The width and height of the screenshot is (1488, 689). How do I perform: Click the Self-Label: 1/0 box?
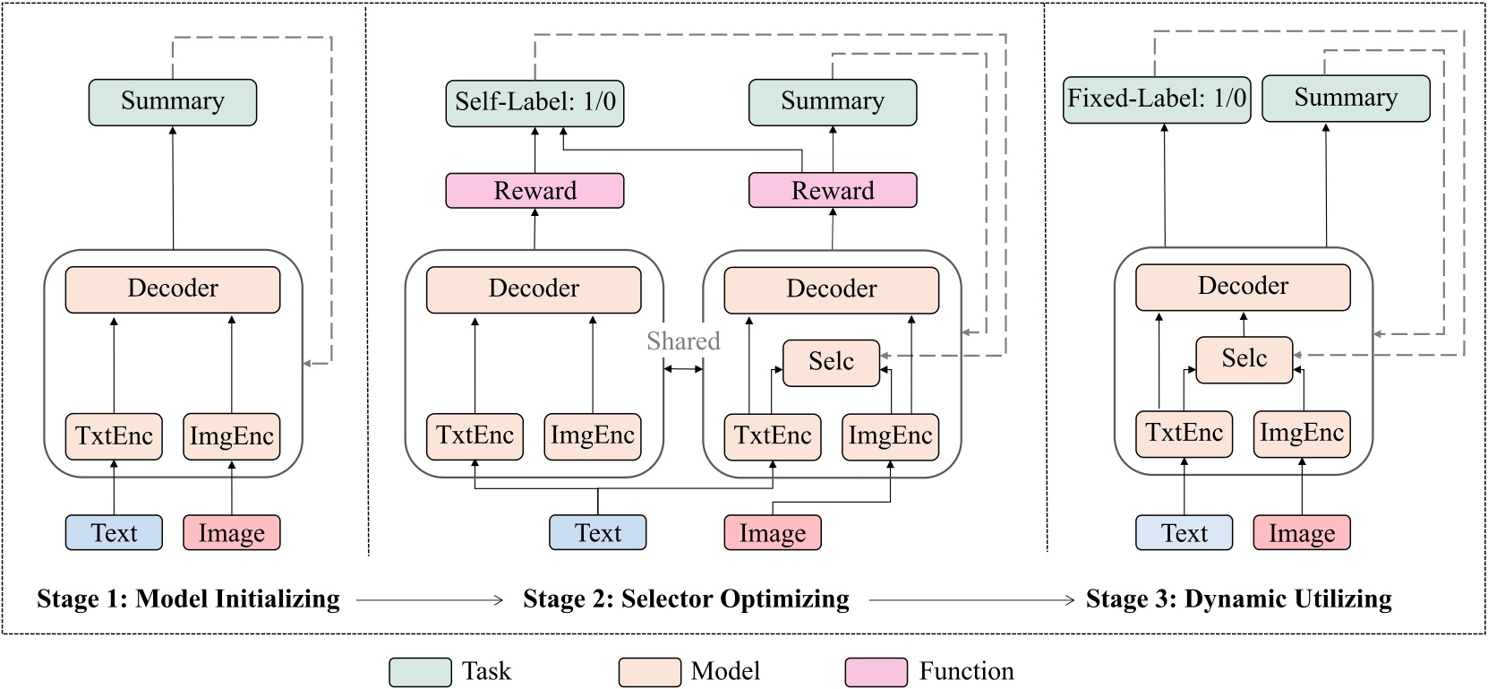tap(534, 102)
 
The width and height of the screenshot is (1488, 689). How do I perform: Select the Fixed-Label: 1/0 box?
tap(1157, 99)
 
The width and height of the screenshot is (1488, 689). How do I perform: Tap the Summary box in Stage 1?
tap(173, 102)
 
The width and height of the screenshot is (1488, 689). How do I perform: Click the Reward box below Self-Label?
tap(534, 191)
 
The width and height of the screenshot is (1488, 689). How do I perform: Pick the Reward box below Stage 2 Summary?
tap(832, 191)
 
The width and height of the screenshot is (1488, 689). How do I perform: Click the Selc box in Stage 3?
tap(1244, 359)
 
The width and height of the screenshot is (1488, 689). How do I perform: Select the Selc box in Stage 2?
tap(831, 362)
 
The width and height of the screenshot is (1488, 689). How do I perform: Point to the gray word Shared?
tap(683, 341)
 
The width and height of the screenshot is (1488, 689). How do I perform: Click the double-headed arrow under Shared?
tap(683, 368)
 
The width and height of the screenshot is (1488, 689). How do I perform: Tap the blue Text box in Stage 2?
tap(597, 533)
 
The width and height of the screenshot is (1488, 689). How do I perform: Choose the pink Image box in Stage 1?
tap(232, 533)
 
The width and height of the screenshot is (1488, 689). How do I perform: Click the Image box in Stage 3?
tap(1301, 533)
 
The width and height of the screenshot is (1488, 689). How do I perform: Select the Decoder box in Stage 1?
tap(173, 289)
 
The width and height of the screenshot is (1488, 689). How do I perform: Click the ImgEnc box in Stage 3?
tap(1301, 434)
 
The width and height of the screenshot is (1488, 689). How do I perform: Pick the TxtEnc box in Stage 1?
tap(114, 436)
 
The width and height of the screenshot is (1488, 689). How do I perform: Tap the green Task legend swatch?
tap(420, 672)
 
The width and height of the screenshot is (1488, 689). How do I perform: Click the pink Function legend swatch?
tap(876, 672)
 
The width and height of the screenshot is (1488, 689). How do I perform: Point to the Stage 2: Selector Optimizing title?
tap(686, 599)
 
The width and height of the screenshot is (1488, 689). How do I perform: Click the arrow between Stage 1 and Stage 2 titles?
tap(430, 599)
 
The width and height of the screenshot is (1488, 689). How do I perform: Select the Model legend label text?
tap(725, 671)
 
